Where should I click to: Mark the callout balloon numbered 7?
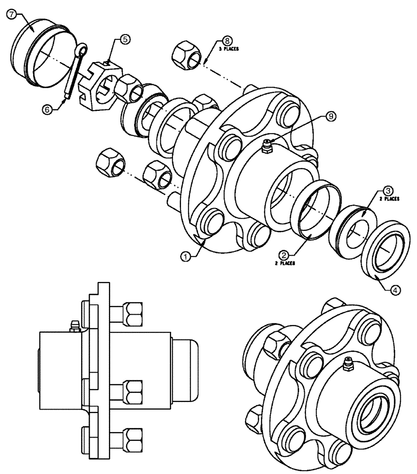(10, 15)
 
